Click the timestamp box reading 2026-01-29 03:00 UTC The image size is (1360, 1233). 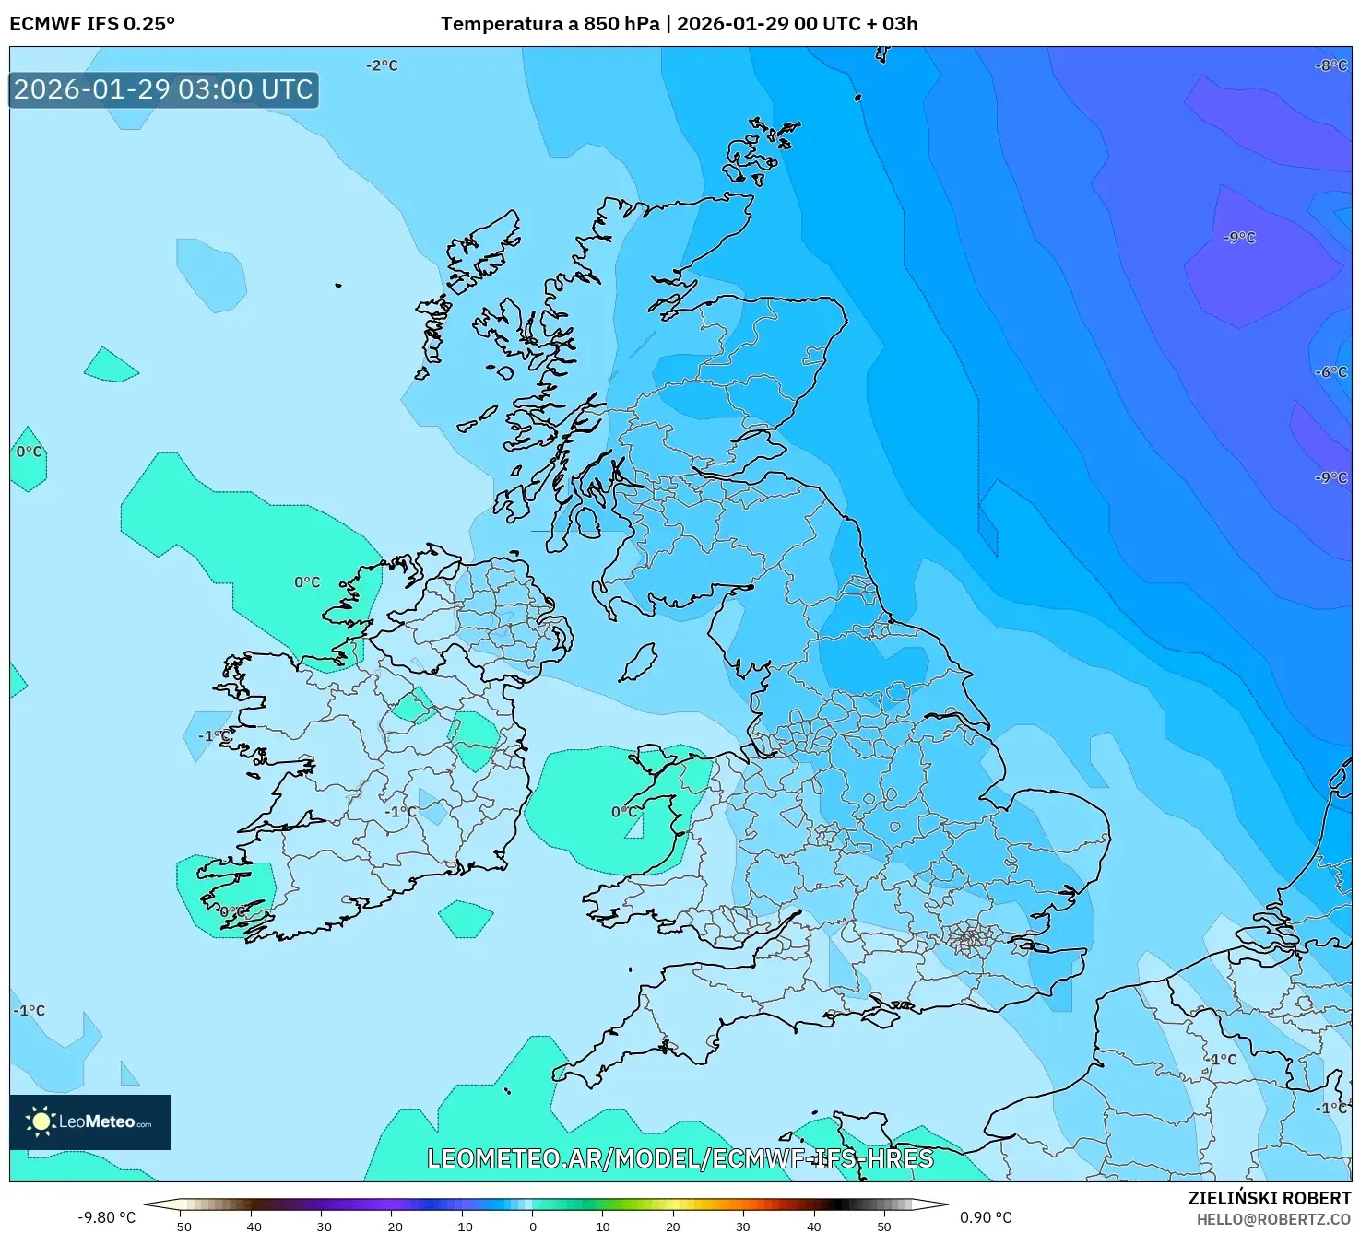tap(163, 89)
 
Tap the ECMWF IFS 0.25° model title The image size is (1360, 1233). tap(92, 24)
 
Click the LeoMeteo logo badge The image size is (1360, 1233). tap(90, 1121)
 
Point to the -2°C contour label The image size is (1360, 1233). tap(382, 65)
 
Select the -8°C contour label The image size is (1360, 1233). tap(1330, 65)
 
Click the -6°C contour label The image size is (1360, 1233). tap(1330, 372)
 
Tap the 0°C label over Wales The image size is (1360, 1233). tap(624, 812)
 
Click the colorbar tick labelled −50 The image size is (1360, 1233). tap(181, 1226)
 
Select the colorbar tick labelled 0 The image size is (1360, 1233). tap(532, 1226)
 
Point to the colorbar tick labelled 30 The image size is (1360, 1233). tap(743, 1226)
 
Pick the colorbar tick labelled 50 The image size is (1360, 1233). tap(883, 1226)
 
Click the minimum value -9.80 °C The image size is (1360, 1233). tap(106, 1217)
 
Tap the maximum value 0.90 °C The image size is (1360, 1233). tap(986, 1217)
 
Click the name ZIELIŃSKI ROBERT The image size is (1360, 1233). tap(1269, 1198)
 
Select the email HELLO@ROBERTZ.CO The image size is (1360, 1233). tap(1273, 1219)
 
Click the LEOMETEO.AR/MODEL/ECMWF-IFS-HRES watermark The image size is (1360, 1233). tap(680, 1158)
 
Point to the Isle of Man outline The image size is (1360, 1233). tap(638, 663)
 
